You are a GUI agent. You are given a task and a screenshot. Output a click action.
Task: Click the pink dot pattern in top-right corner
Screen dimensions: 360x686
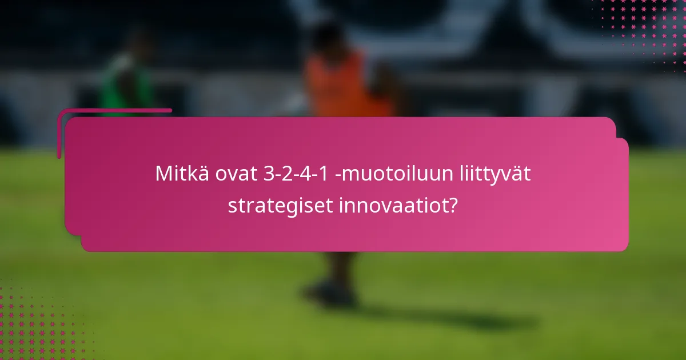pyautogui.click(x=646, y=29)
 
